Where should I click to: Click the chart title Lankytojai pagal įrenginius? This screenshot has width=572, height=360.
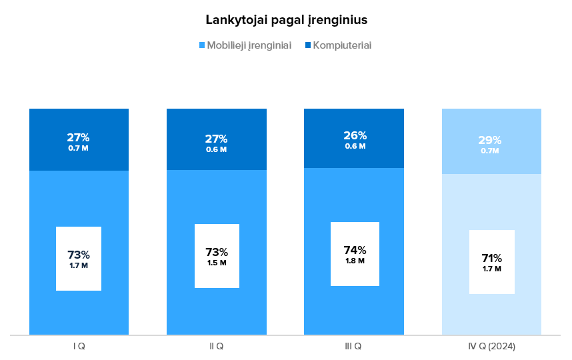point(286,20)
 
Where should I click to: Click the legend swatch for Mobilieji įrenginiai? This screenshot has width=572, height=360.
point(202,45)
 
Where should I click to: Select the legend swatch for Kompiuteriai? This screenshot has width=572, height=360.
point(307,45)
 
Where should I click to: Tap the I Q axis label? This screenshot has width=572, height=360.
point(79,347)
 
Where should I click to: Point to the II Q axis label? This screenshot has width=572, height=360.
point(216,347)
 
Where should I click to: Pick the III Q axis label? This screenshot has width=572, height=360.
point(353,347)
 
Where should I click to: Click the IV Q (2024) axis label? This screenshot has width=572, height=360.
point(491,347)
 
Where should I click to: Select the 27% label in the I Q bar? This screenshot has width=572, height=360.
point(78,138)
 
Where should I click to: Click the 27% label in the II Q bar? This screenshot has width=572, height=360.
point(216,139)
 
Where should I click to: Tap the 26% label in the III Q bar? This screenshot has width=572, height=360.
point(354,136)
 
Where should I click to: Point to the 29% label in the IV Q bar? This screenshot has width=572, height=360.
point(490,141)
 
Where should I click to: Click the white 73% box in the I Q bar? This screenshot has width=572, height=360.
point(79,259)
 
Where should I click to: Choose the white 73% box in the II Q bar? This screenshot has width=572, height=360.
point(217,256)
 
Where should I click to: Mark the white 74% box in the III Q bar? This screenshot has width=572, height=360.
point(355,254)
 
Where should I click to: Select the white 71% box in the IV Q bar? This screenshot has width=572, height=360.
point(492,262)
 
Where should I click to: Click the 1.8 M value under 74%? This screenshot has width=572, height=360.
point(355,261)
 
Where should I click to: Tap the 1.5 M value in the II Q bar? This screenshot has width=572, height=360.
point(217,263)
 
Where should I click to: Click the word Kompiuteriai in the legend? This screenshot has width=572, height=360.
point(342,45)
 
